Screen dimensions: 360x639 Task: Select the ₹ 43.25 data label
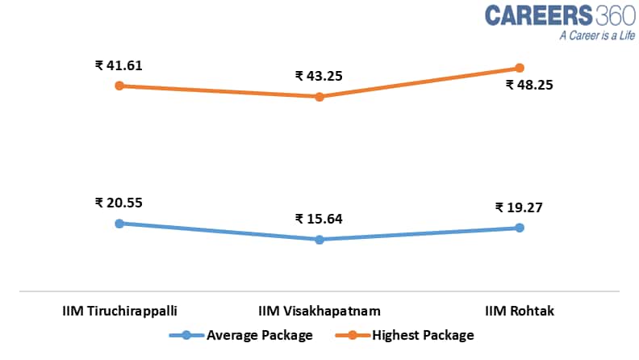(x=319, y=77)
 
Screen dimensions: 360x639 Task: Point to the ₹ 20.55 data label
(x=119, y=203)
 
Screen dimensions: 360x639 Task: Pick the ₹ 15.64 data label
(x=319, y=219)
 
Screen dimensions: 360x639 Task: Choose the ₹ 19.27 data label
(x=519, y=207)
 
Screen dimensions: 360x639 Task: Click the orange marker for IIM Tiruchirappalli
(x=119, y=86)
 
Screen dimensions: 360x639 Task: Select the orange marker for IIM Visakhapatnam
(x=319, y=97)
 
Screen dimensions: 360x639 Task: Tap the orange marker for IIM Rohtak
(x=520, y=68)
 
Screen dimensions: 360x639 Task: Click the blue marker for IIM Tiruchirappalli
(x=119, y=224)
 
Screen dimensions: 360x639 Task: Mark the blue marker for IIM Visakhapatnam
(x=319, y=240)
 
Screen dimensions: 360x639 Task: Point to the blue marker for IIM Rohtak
(x=520, y=228)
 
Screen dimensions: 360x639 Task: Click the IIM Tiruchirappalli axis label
(x=119, y=311)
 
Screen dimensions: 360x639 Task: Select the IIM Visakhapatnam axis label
(x=319, y=311)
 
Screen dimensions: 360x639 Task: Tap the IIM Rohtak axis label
(x=520, y=311)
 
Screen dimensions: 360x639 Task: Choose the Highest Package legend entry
(x=420, y=335)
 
